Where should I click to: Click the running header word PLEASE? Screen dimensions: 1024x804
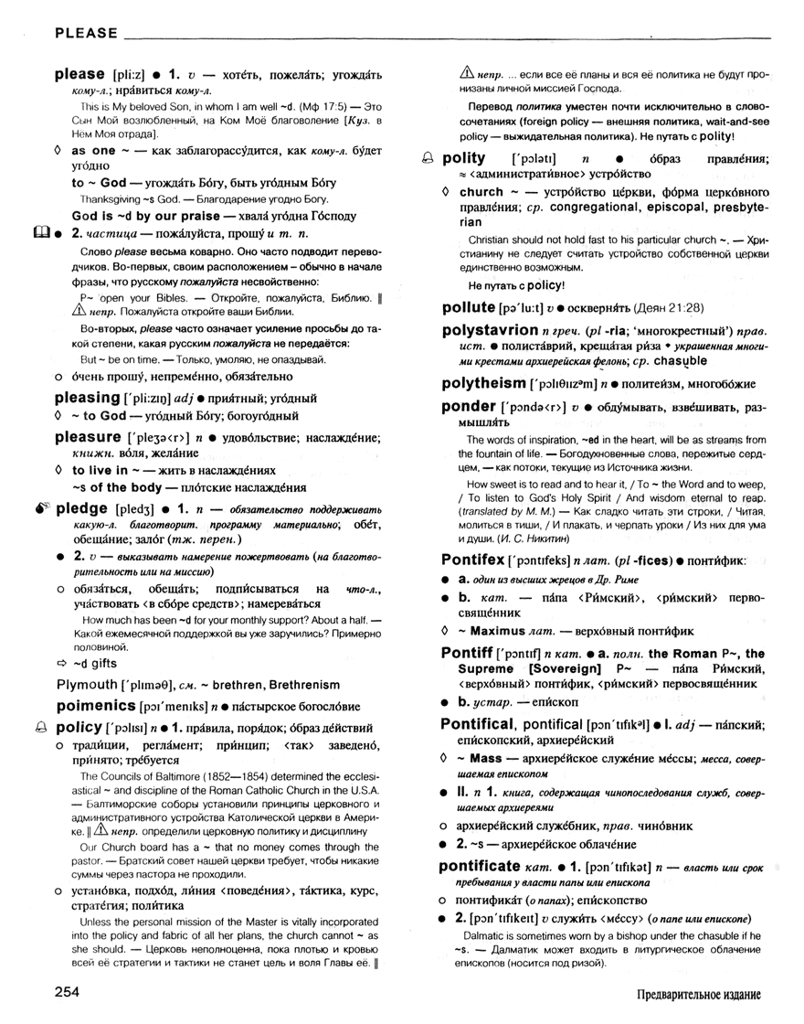pos(87,34)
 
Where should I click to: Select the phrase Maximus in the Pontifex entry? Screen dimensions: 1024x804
pos(501,631)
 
